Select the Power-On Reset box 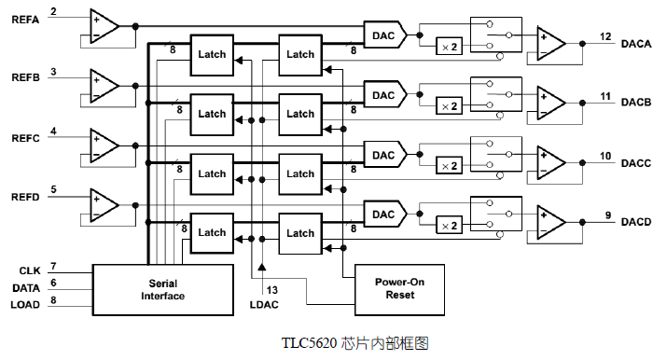[394, 287]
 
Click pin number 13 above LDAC [272, 290]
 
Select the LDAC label [265, 305]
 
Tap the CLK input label [29, 270]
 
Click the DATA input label [26, 286]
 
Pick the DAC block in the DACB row [383, 94]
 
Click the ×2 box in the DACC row [449, 166]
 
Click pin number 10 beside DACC [605, 156]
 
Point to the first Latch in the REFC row [212, 173]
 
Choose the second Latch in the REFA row [299, 54]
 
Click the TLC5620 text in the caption [308, 343]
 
